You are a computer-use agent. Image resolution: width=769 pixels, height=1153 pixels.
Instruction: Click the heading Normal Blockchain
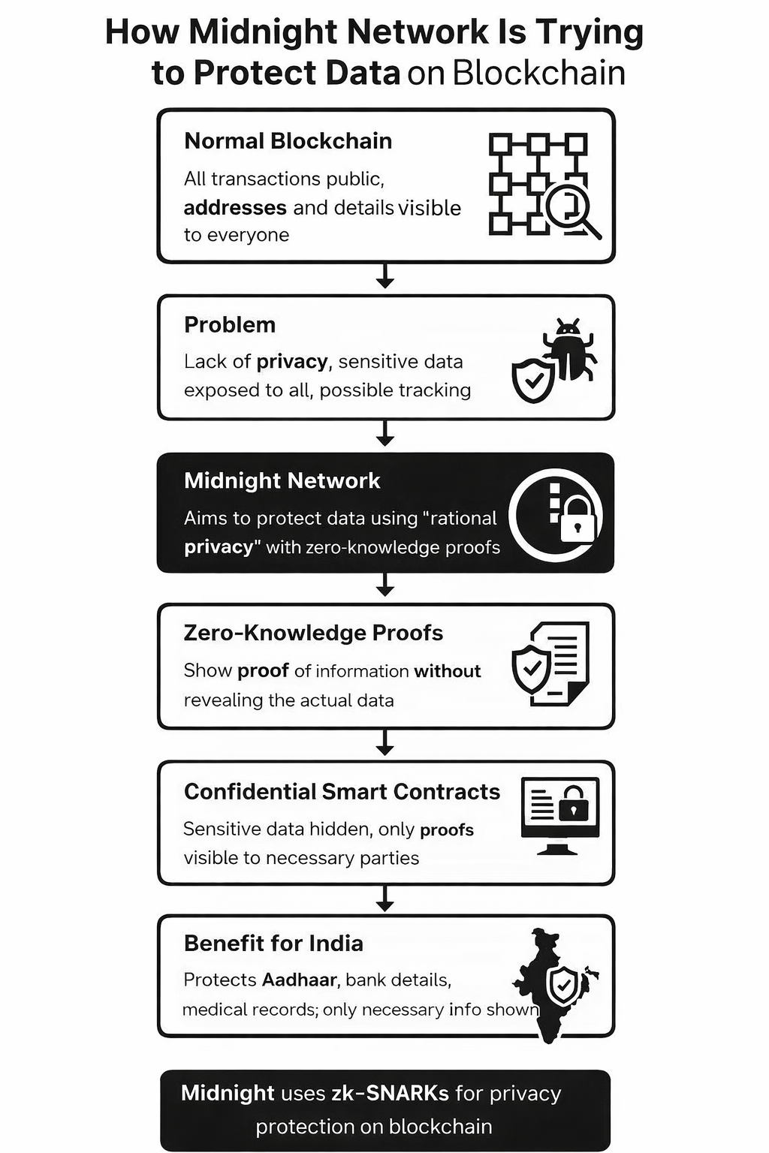288,141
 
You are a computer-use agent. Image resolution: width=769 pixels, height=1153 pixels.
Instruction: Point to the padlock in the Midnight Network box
578,519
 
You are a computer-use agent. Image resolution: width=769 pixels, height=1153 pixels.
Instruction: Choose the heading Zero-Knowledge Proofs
313,633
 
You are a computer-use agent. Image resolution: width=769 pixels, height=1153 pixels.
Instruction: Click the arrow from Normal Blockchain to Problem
385,276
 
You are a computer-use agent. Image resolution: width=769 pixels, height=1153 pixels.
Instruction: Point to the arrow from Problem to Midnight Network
385,434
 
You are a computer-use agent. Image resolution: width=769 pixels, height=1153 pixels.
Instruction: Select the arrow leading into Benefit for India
385,899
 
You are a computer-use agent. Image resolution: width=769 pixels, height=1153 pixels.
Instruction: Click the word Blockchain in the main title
539,73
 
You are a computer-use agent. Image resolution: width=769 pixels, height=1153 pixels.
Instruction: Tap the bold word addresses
235,207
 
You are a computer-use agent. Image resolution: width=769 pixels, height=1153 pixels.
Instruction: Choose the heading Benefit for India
273,944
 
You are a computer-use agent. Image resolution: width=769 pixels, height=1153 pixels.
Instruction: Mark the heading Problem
230,325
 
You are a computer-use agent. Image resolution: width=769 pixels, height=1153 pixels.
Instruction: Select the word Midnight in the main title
262,32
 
